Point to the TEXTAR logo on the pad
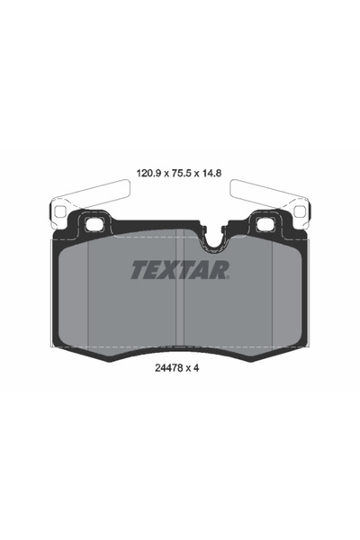click(x=180, y=269)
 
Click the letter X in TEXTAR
click(x=173, y=269)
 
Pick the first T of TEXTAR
click(x=139, y=269)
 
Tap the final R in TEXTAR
click(x=221, y=269)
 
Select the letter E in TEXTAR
click(x=155, y=269)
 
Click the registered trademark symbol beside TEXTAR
click(x=230, y=277)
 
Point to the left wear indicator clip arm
click(x=90, y=195)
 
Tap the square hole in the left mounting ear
click(x=92, y=224)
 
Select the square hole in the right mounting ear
click(x=266, y=224)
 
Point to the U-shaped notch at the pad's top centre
click(x=213, y=239)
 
